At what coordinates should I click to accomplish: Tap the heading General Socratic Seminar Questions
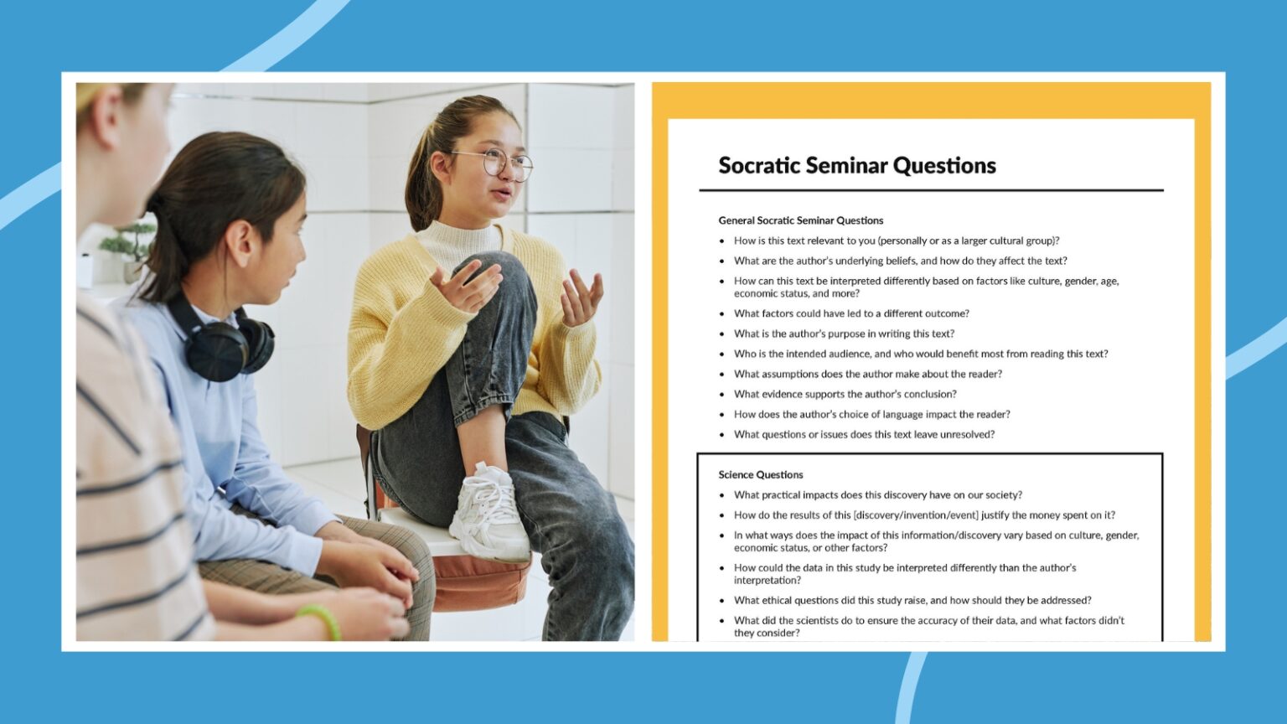[x=800, y=220]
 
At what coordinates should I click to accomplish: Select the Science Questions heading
[x=760, y=474]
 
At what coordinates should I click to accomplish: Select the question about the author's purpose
[x=844, y=334]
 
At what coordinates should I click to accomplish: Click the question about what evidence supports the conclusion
[x=845, y=394]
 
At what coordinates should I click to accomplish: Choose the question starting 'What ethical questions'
[x=912, y=600]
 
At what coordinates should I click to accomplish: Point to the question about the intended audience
[x=920, y=354]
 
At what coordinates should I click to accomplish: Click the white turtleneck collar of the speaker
[x=457, y=239]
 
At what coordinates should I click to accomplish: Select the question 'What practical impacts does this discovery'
[x=877, y=495]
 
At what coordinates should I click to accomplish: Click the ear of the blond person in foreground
[x=107, y=117]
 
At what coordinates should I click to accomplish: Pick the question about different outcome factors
[x=850, y=313]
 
